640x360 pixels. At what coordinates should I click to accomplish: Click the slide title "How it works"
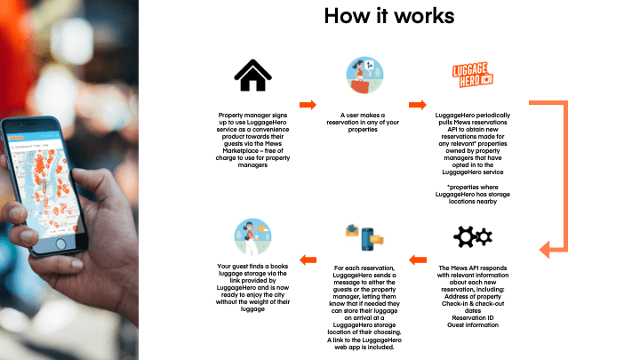coord(388,16)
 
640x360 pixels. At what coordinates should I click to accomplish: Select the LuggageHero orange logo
coord(468,76)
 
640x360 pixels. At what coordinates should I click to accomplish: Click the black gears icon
coord(468,238)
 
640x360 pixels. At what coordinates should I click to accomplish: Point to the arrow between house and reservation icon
coord(308,105)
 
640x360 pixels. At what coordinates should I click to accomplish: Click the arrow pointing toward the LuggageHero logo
coord(416,105)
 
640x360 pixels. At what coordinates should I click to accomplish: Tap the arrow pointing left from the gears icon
coord(416,260)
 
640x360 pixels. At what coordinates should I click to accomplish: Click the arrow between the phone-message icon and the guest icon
coord(308,260)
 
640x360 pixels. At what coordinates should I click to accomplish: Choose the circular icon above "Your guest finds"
coord(252,238)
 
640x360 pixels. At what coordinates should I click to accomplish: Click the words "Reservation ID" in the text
coord(468,316)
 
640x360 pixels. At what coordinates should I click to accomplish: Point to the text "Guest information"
coord(468,324)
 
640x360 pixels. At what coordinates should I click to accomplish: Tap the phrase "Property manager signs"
coord(252,116)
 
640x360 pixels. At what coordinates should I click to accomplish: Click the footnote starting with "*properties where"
coord(468,188)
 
